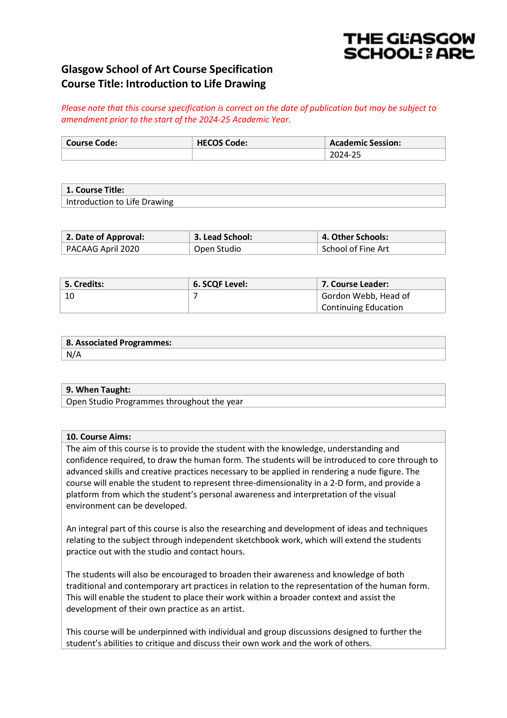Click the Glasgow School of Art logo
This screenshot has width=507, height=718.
tap(409, 46)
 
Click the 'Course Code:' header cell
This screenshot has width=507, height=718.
tap(92, 143)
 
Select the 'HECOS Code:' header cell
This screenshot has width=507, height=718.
tap(222, 143)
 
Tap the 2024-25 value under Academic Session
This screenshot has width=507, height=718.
tap(345, 155)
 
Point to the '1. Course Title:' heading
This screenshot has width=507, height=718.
tap(95, 190)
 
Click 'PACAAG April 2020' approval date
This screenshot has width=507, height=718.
tap(103, 249)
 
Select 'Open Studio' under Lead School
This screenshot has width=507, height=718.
tap(217, 249)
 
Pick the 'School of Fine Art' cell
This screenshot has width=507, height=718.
tap(355, 249)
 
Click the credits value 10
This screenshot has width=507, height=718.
tap(70, 296)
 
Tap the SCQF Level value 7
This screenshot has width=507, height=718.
tap(195, 296)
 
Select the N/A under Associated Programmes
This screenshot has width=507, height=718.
tap(74, 354)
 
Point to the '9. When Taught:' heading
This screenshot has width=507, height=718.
tap(98, 390)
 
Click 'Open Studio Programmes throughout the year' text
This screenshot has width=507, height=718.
tap(154, 401)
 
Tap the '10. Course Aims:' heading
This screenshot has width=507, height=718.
tap(98, 436)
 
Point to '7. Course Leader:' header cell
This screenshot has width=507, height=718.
tap(355, 284)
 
